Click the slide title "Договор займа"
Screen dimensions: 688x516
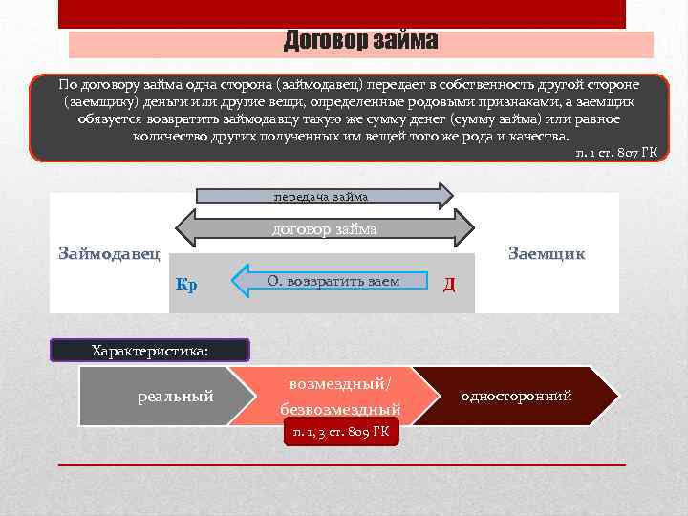tap(361, 41)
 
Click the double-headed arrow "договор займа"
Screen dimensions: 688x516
tap(325, 229)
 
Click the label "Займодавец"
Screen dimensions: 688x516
tap(109, 254)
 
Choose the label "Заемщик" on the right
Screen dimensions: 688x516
tap(547, 254)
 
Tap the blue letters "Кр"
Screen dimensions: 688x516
tap(187, 285)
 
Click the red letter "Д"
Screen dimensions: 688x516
tap(449, 284)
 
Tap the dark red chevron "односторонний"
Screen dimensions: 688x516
tap(516, 395)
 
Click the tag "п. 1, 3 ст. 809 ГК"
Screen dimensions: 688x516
tap(341, 433)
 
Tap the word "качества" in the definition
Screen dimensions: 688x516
tap(538, 136)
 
